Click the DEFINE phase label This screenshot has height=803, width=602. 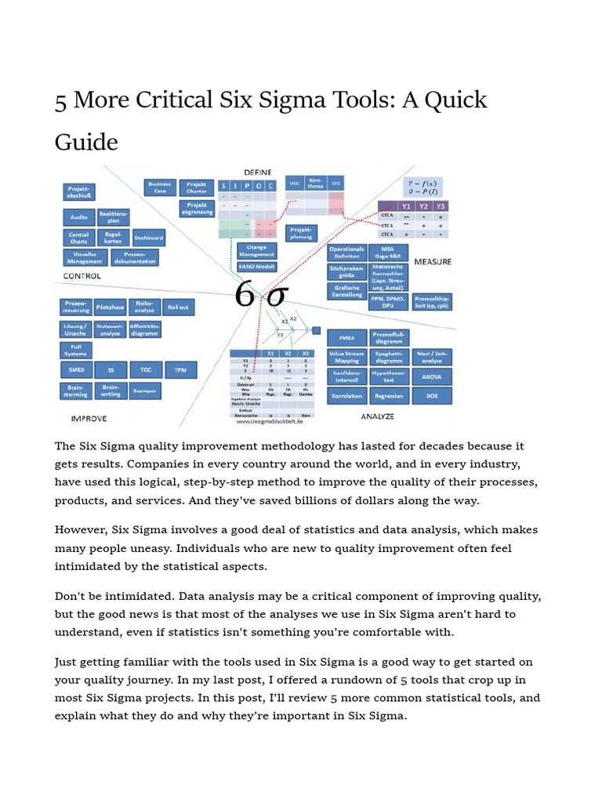[x=258, y=171]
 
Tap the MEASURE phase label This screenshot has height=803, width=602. [x=432, y=261]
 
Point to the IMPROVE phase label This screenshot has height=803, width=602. [x=88, y=419]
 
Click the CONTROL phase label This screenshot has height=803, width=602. [x=82, y=277]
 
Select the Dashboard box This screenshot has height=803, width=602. [x=148, y=238]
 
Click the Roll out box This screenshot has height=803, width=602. [x=178, y=308]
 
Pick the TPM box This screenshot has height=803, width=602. [x=180, y=369]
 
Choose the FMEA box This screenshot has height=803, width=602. [x=346, y=337]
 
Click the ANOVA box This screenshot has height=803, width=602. [x=432, y=376]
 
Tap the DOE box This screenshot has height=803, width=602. [x=432, y=397]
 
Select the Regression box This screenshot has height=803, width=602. [x=389, y=397]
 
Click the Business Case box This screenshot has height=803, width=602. [x=160, y=187]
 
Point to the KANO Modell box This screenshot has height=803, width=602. [x=256, y=267]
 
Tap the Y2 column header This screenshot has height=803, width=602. [x=424, y=207]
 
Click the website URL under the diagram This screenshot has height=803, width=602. [x=271, y=421]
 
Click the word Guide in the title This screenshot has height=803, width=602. [x=86, y=142]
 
